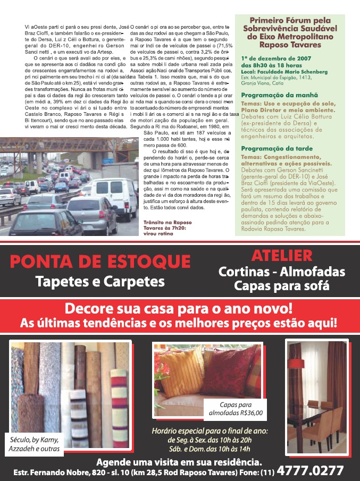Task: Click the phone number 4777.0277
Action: (311, 470)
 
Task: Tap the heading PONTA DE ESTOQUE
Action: (100, 261)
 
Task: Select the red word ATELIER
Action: (281, 256)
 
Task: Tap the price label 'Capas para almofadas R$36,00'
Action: (234, 409)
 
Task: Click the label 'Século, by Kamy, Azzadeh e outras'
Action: (34, 445)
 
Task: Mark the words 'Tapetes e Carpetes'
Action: (100, 280)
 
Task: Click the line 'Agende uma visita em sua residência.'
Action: (179, 461)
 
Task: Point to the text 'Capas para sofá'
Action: (281, 285)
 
